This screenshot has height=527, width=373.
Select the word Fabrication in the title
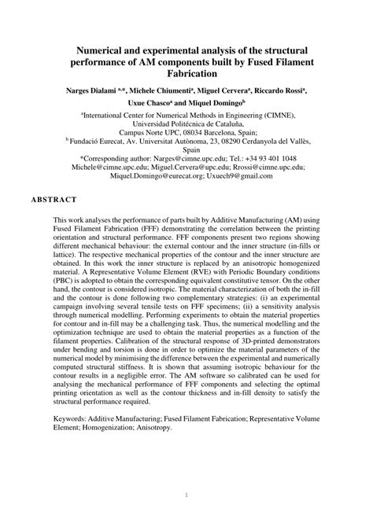pyautogui.click(x=186, y=75)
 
